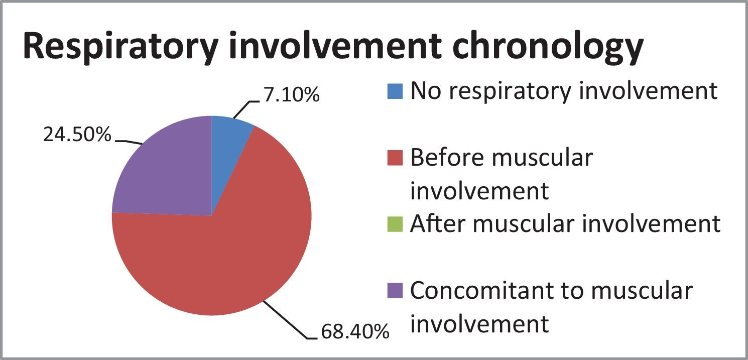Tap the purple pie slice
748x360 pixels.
(167, 174)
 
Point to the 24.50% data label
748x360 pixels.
(77, 135)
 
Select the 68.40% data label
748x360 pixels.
(355, 331)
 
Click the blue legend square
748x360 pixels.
(395, 91)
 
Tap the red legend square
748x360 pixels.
(395, 158)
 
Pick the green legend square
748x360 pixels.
(395, 224)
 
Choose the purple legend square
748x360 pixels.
(395, 291)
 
